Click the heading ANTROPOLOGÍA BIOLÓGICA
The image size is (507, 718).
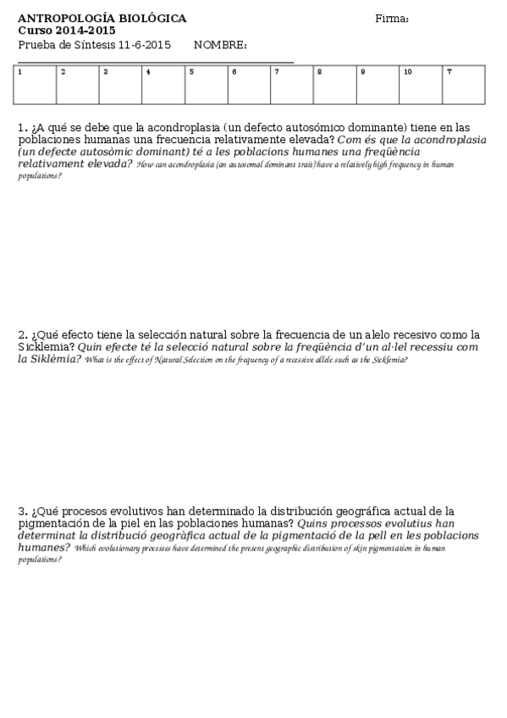point(102,19)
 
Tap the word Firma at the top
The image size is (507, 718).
point(392,19)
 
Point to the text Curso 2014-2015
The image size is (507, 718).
point(67,30)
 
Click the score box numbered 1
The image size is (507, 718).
point(36,85)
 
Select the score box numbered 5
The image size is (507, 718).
point(207,85)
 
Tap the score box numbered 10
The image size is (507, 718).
point(421,85)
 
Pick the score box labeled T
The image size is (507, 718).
point(463,85)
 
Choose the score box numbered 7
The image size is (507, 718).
point(292,85)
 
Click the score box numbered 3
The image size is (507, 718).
point(121,85)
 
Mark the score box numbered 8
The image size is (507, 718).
point(335,85)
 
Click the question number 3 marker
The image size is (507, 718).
point(23,511)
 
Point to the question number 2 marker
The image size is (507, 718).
point(23,334)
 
